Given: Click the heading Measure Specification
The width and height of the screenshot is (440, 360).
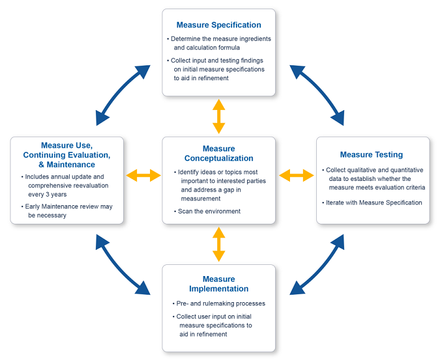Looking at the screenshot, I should click(218, 25).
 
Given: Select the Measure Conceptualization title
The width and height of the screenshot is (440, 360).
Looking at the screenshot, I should click(218, 154).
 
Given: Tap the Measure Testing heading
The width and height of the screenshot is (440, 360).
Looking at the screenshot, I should click(372, 154).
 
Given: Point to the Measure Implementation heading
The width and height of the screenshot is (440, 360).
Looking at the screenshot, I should click(218, 284).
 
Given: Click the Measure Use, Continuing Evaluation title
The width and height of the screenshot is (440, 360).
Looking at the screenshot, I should click(67, 155).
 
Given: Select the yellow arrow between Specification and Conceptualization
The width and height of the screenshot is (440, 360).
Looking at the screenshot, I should click(218, 116).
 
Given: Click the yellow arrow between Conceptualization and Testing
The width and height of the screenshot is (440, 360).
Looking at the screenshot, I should click(296, 176).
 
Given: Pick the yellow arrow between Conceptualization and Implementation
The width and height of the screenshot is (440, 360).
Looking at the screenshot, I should click(218, 244).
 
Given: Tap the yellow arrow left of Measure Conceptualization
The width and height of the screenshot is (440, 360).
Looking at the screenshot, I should click(143, 176).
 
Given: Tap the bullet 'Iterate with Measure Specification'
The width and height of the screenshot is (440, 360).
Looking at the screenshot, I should click(373, 203).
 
